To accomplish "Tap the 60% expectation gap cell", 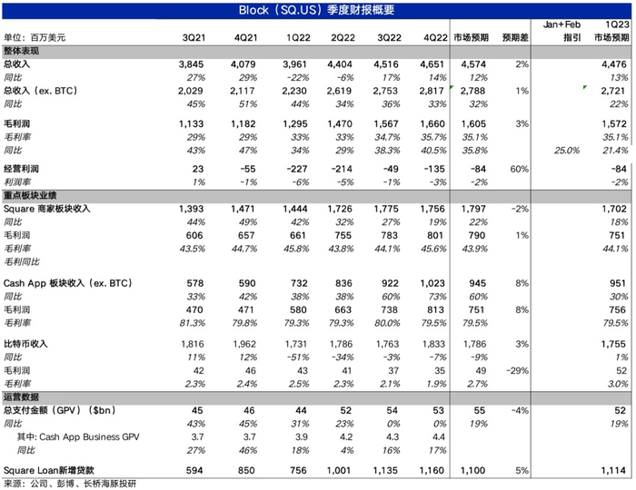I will tap(519, 169).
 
